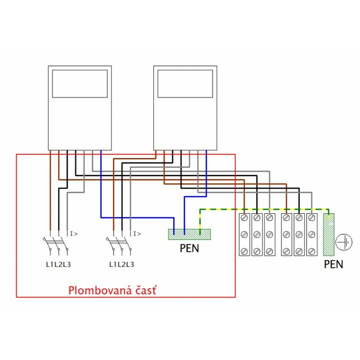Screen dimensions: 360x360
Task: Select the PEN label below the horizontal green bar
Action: point(189,249)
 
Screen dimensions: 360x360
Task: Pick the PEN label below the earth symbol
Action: point(333,264)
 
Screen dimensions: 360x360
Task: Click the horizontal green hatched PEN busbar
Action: point(189,234)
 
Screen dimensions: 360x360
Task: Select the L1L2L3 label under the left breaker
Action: point(58,264)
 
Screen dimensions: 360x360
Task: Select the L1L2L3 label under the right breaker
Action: point(122,264)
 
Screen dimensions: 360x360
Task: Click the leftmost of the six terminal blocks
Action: point(244,234)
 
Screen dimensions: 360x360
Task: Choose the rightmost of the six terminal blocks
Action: point(312,234)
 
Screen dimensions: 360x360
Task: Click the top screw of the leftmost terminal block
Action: point(244,218)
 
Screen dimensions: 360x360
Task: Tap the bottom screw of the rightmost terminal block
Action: point(312,251)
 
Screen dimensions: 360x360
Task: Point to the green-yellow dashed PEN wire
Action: point(260,210)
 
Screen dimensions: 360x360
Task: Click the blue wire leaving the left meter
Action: point(101,188)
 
